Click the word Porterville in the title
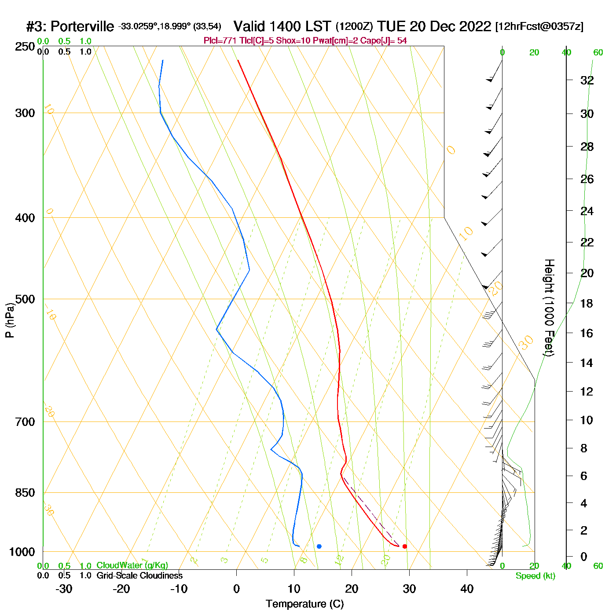pos(82,27)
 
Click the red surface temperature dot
pos(405,546)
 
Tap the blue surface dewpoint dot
pos(319,546)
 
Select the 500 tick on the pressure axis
pos(25,299)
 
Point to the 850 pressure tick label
pos(25,493)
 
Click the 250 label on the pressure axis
pos(25,47)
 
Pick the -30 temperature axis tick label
pos(64,589)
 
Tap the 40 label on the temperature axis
pos(467,589)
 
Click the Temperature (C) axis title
pos(304,604)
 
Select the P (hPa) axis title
pos(10,320)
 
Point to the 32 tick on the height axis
pos(587,81)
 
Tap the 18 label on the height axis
pos(587,304)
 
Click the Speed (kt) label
pos(535,576)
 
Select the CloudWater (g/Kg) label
pos(132,565)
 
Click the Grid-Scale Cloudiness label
pos(139,576)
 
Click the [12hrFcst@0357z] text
pos(539,26)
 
